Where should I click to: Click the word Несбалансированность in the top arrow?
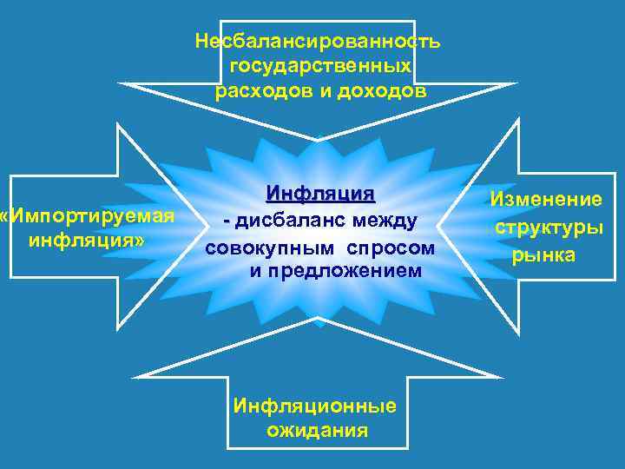tap(318, 42)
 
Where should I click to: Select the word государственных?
tap(319, 66)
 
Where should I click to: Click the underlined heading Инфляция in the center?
tap(320, 192)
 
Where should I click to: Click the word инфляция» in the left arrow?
tap(87, 239)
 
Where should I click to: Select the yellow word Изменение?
tap(546, 200)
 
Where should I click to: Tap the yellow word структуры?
tap(549, 228)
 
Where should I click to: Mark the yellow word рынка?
tap(543, 255)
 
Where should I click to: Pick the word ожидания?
tap(317, 430)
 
